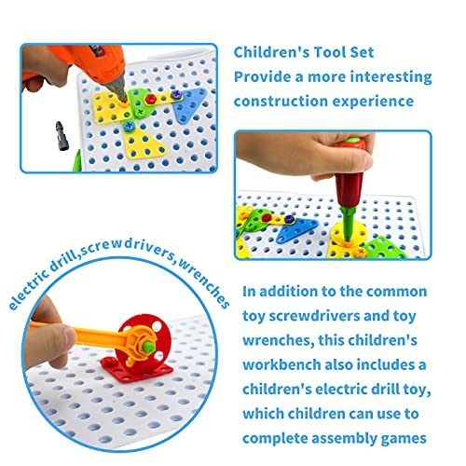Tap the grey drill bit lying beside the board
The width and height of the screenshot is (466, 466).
pyautogui.click(x=62, y=136)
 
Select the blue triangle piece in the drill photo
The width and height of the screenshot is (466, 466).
pyautogui.click(x=189, y=105)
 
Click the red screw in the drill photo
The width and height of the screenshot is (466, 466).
pyautogui.click(x=151, y=99)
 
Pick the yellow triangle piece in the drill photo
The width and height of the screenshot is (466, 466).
pyautogui.click(x=144, y=144)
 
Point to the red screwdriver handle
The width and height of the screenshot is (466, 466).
pyautogui.click(x=350, y=175)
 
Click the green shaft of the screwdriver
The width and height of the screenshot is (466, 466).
pyautogui.click(x=349, y=223)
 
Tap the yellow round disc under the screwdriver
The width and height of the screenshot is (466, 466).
pyautogui.click(x=348, y=235)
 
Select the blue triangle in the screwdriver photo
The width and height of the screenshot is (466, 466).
pyautogui.click(x=296, y=229)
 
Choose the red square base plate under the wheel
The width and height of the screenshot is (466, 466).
pyautogui.click(x=137, y=370)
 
